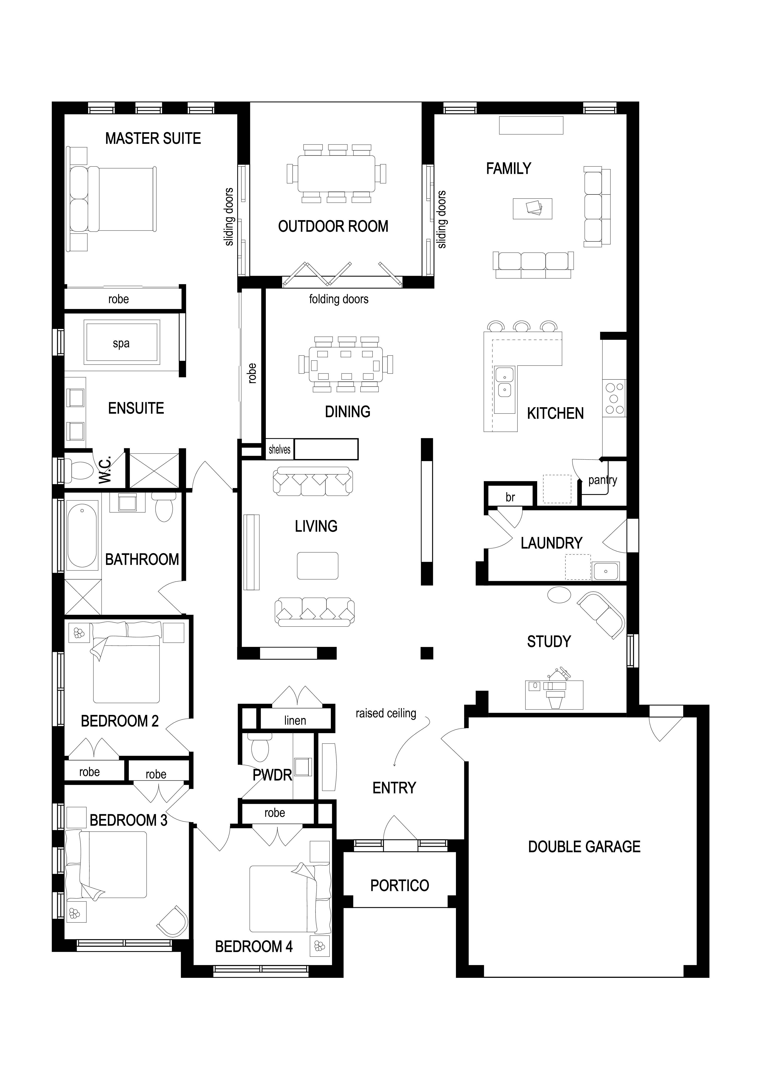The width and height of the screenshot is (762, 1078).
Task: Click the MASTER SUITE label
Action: pyautogui.click(x=153, y=138)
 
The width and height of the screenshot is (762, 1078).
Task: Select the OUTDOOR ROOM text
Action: pyautogui.click(x=333, y=226)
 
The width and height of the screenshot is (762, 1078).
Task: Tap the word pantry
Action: pyautogui.click(x=603, y=480)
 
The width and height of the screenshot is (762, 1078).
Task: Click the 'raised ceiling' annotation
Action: pyautogui.click(x=386, y=714)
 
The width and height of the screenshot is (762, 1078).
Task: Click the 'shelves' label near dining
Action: pyautogui.click(x=280, y=450)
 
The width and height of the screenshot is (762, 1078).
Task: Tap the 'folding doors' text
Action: pyautogui.click(x=339, y=299)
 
